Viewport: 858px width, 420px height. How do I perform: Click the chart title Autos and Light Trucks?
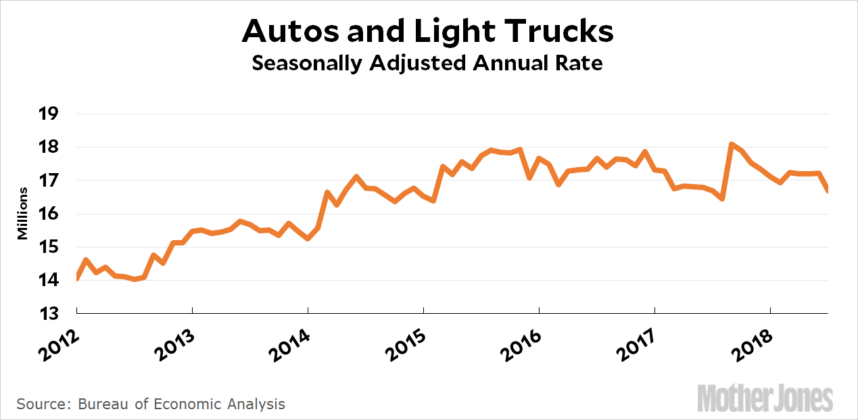click(x=427, y=30)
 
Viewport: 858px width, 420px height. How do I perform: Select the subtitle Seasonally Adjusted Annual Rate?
click(x=427, y=64)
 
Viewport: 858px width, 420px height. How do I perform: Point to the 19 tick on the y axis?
click(x=51, y=114)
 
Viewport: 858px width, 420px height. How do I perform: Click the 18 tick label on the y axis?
click(x=51, y=147)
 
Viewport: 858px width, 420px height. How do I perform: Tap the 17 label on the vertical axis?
click(x=51, y=181)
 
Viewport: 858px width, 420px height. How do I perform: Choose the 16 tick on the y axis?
click(x=51, y=214)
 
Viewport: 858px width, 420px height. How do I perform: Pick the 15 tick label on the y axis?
click(x=51, y=248)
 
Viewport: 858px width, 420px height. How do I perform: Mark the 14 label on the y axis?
click(x=51, y=281)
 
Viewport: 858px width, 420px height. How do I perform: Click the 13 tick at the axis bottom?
click(x=51, y=314)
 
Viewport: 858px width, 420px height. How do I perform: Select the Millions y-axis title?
click(x=23, y=214)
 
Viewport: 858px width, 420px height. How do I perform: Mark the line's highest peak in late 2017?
click(x=732, y=144)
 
